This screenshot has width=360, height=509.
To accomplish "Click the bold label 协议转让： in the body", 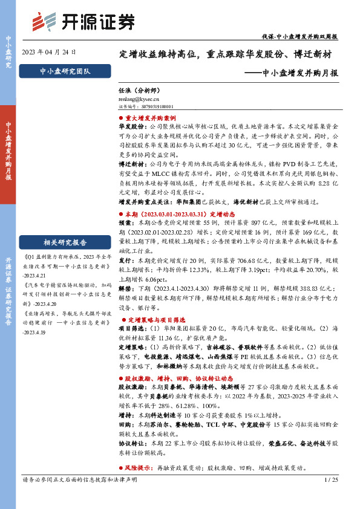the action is tap(131, 443).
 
